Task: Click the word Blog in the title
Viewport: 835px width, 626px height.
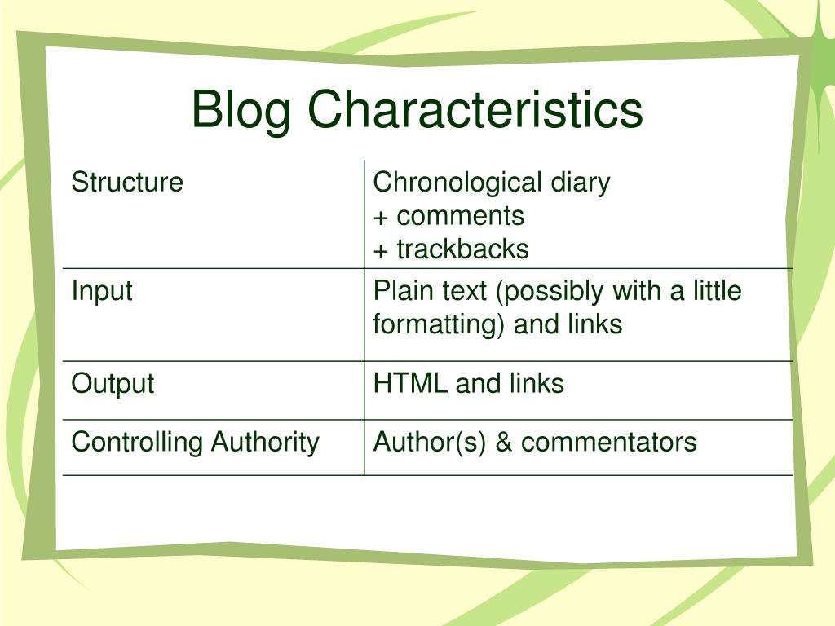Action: click(241, 111)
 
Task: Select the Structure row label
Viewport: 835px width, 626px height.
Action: click(127, 182)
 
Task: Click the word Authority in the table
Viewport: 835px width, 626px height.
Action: click(265, 443)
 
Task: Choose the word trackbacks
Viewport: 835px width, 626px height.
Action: click(462, 249)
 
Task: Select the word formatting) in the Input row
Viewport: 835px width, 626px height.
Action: click(438, 325)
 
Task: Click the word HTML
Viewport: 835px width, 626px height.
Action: click(410, 384)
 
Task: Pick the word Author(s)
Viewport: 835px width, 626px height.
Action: click(430, 443)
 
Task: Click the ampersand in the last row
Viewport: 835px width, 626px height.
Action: click(504, 443)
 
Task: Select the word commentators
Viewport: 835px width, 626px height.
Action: click(608, 443)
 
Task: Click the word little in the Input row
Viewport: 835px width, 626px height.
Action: click(717, 291)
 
